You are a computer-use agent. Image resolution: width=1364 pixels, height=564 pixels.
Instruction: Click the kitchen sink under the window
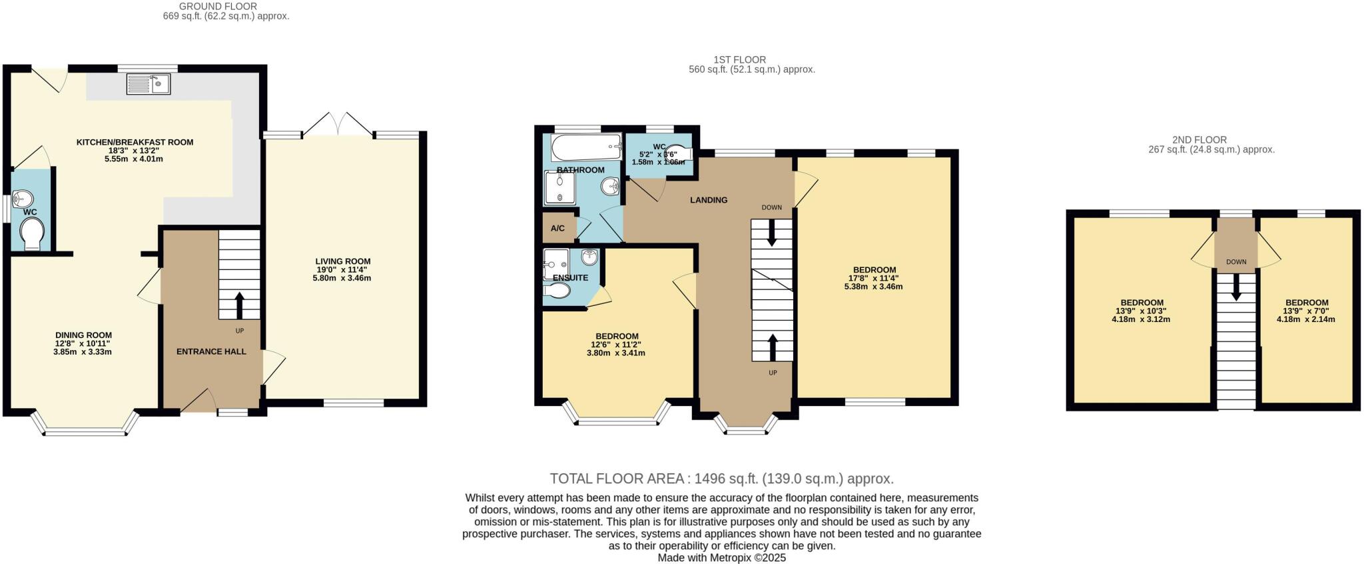[x=149, y=84]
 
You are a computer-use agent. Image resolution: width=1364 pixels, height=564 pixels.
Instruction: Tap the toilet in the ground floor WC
[x=32, y=235]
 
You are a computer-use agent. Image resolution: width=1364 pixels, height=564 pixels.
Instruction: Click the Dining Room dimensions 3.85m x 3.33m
[x=83, y=352]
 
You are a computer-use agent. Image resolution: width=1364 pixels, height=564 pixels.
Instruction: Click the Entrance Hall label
[x=211, y=351]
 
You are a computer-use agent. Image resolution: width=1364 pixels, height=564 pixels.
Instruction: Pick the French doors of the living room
[x=338, y=126]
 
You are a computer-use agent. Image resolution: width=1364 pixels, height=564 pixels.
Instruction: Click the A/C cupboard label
[x=557, y=229]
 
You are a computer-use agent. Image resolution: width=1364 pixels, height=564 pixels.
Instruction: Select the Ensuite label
[x=570, y=278]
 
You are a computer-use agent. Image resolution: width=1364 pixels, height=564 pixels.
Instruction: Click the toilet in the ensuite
[x=557, y=291]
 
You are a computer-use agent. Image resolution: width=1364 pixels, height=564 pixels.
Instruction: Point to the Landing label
[x=709, y=200]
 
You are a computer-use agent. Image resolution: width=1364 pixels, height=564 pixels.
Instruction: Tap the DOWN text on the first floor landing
[x=772, y=207]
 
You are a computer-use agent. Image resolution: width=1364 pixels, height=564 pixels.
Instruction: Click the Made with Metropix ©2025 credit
[x=721, y=557]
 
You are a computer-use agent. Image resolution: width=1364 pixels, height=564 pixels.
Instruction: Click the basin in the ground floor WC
[x=23, y=199]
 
